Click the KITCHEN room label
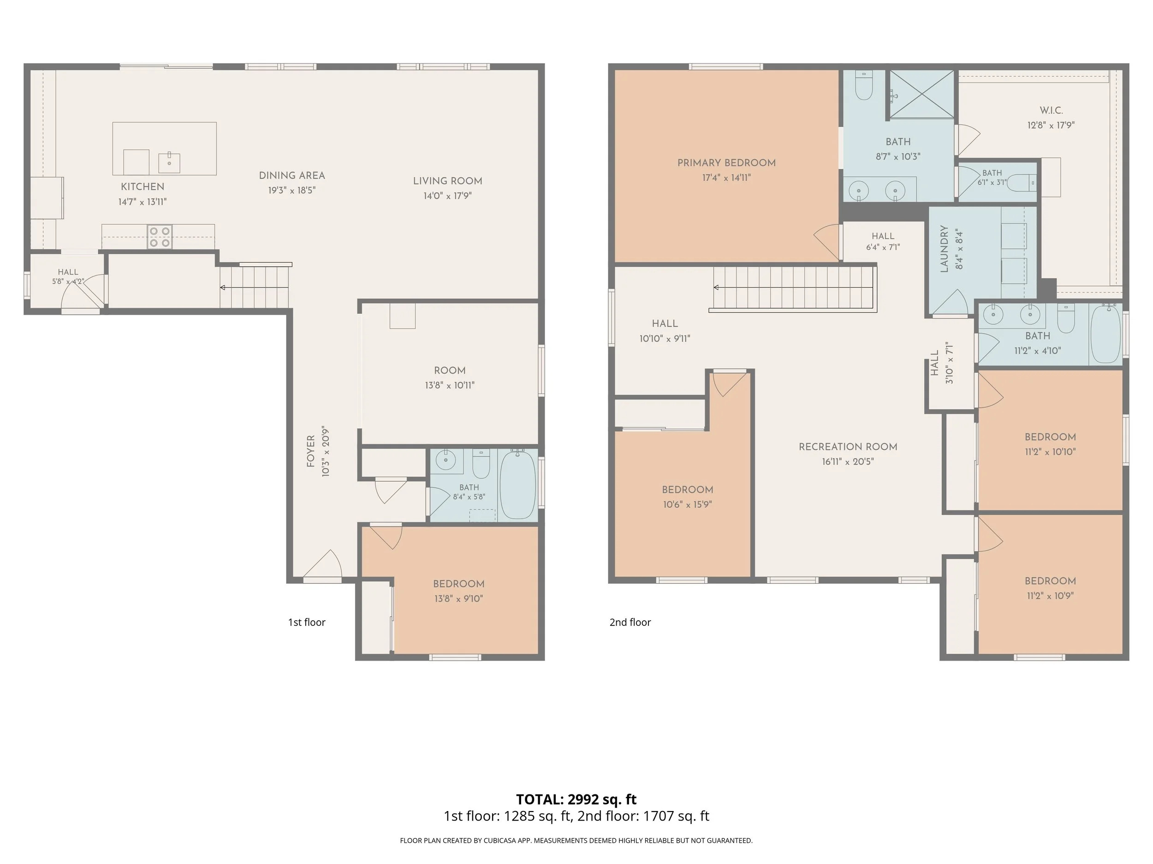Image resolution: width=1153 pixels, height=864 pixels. coord(143,187)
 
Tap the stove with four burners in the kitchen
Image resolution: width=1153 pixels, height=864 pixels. coord(160,236)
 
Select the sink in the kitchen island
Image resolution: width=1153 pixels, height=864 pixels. coord(169,163)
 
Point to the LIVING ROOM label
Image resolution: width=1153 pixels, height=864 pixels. coord(447,181)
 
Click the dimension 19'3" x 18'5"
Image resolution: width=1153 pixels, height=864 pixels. coord(292,190)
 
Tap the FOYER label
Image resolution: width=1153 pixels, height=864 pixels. coord(311,451)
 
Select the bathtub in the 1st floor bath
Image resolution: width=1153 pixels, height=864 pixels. coord(517,485)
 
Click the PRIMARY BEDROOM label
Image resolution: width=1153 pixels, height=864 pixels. coord(726,163)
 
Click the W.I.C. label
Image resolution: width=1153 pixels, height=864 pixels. coord(1051,111)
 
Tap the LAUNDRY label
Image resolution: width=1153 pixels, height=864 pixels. coord(944,249)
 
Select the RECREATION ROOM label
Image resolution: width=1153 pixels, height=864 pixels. coord(848,447)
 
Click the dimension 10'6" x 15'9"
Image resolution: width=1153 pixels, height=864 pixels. coord(688,504)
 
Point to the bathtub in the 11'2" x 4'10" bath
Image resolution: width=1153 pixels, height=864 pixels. coord(1105,334)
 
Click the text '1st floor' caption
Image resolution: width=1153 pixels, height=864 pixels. coord(307,623)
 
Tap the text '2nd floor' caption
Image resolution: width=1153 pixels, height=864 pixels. coord(630,623)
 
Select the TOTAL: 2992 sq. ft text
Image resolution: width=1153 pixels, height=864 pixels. coord(576,799)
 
